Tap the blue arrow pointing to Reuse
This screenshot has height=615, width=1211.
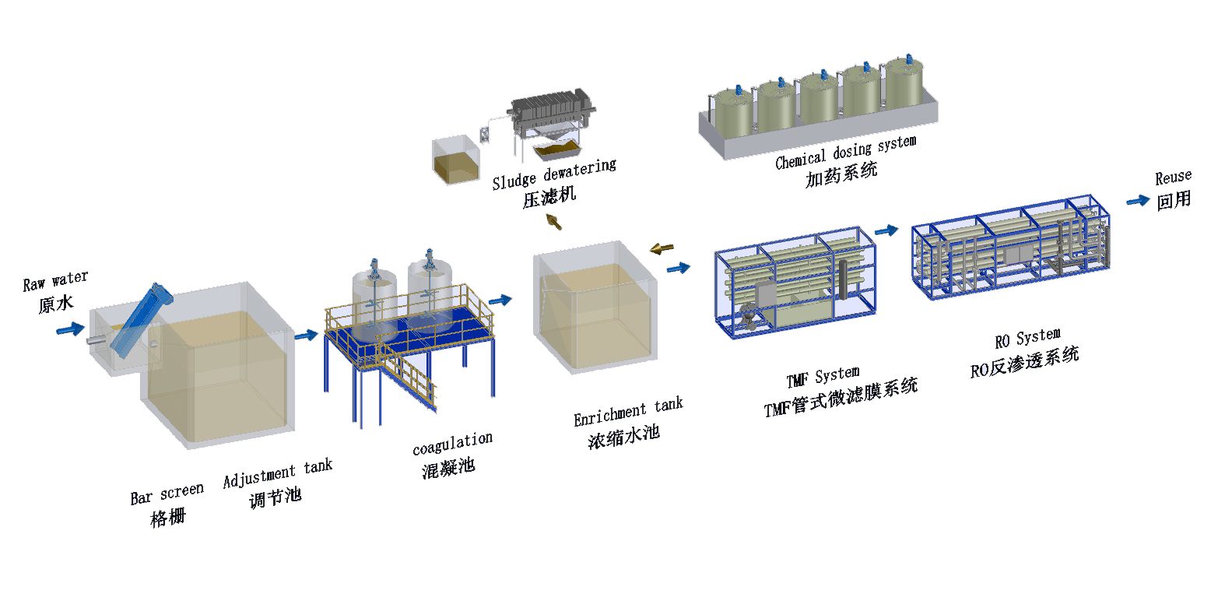tap(1138, 200)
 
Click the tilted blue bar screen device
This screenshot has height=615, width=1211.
tap(139, 317)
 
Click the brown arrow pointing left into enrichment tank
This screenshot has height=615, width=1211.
tap(662, 248)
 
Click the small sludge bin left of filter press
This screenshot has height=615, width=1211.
tap(455, 161)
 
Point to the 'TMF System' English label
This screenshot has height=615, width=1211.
tap(822, 378)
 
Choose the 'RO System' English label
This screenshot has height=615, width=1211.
tap(1027, 339)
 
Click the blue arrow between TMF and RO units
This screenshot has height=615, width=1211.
tap(886, 230)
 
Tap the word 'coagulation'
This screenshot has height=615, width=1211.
tap(452, 444)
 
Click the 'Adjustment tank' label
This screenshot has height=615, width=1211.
tap(277, 473)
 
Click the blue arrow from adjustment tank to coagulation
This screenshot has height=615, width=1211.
tap(307, 336)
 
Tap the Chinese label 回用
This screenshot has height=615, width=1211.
tap(1174, 200)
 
